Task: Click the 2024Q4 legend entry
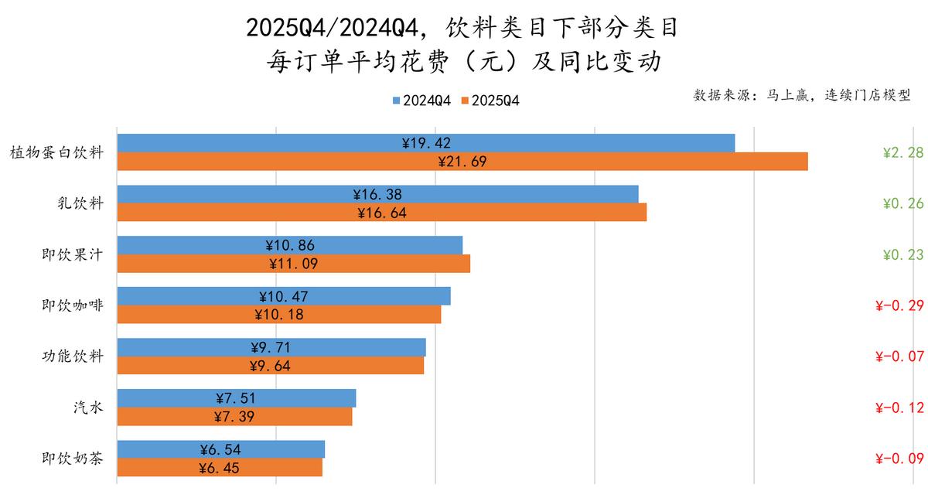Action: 421,101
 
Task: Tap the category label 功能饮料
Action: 73,356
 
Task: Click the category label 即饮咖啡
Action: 73,305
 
